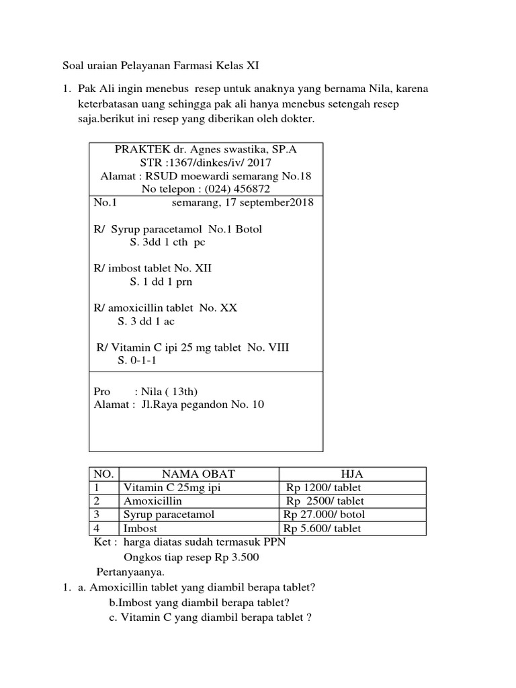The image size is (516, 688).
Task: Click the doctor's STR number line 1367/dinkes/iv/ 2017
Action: [x=206, y=163]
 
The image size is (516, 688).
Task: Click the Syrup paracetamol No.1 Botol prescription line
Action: [x=178, y=229]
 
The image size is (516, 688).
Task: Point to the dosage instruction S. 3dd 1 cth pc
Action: [x=167, y=243]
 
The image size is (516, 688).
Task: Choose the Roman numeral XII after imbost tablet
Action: [x=201, y=268]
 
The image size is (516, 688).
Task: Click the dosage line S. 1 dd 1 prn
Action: [x=161, y=282]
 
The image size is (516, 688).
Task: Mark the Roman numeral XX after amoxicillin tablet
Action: [x=228, y=308]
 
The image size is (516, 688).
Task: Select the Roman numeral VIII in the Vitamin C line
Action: [x=276, y=347]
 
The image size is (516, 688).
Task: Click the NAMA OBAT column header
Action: [x=198, y=474]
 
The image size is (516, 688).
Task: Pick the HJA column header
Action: [x=352, y=474]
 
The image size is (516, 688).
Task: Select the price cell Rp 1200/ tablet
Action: [x=324, y=488]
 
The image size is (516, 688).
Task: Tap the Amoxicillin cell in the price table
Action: [x=153, y=501]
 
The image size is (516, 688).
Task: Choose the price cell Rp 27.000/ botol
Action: [x=325, y=515]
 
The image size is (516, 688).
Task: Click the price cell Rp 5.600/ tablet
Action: [x=322, y=528]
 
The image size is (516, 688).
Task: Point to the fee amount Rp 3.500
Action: [x=236, y=557]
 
